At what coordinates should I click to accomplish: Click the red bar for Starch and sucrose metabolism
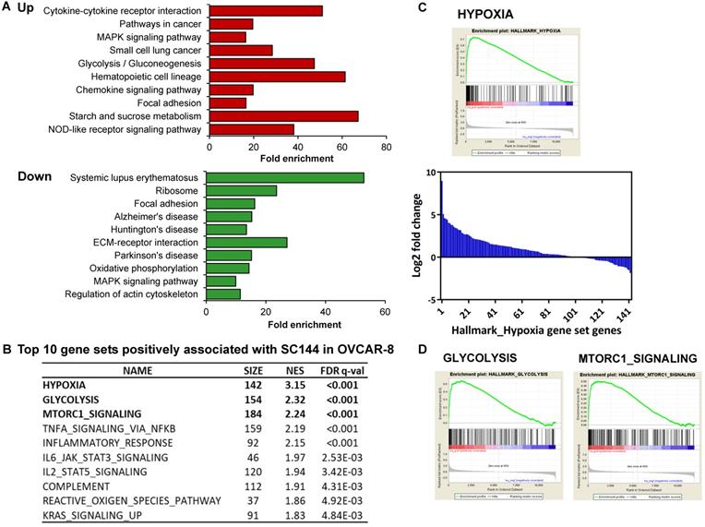click(283, 115)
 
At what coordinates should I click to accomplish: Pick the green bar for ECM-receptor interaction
click(246, 242)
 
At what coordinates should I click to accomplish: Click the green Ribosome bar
click(241, 190)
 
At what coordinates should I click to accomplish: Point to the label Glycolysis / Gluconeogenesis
click(140, 63)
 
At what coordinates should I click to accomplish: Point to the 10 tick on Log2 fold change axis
click(431, 172)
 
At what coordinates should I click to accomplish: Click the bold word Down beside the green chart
click(34, 176)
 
